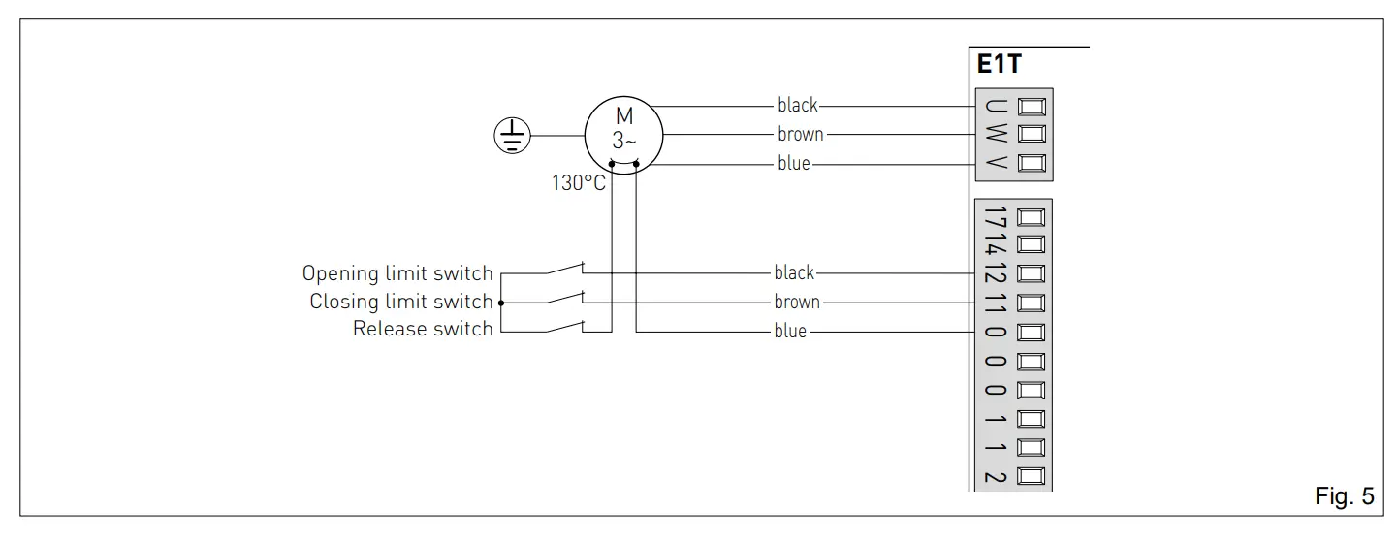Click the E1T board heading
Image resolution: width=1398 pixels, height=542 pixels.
(999, 66)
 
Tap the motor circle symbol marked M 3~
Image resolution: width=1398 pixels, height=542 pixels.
(623, 135)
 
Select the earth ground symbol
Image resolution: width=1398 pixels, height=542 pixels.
(511, 135)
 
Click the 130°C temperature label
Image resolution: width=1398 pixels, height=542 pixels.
(579, 183)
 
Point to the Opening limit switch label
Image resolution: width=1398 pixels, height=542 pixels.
(397, 273)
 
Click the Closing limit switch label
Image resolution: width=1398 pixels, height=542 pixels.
(401, 302)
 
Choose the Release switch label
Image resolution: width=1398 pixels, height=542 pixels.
(423, 330)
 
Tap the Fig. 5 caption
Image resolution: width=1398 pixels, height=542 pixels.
(1344, 497)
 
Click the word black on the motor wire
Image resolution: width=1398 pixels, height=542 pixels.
(797, 105)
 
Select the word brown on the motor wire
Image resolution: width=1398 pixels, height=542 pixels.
(800, 135)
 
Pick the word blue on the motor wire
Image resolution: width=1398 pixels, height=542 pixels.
(793, 164)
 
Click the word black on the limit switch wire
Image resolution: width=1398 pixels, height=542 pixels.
(794, 273)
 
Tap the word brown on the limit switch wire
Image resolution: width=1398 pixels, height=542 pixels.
(797, 303)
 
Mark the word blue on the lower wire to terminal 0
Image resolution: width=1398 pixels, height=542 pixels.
(790, 332)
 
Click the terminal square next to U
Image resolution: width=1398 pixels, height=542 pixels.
(1032, 106)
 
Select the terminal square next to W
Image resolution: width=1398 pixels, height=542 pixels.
(1032, 134)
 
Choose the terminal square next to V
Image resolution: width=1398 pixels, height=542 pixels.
(1032, 162)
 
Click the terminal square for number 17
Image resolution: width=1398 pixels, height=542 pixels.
(1032, 217)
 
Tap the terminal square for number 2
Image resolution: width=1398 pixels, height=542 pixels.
(1032, 475)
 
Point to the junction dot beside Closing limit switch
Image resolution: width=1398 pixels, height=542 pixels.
(500, 303)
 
